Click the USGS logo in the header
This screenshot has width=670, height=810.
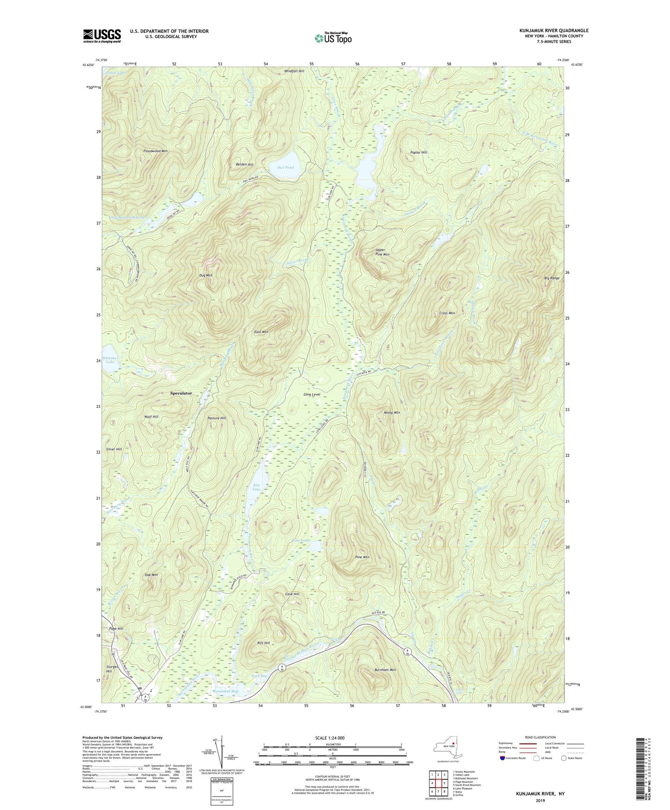(x=102, y=36)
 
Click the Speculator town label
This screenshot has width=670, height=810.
(x=181, y=393)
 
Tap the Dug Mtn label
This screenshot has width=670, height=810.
(x=206, y=276)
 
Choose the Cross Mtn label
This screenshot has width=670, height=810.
(x=447, y=313)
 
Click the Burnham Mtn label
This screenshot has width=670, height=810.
(x=385, y=670)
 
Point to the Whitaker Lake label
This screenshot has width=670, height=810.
(x=110, y=359)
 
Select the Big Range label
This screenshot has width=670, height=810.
(x=552, y=278)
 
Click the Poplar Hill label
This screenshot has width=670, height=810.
(x=419, y=152)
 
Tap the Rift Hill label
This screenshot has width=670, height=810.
(x=263, y=643)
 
